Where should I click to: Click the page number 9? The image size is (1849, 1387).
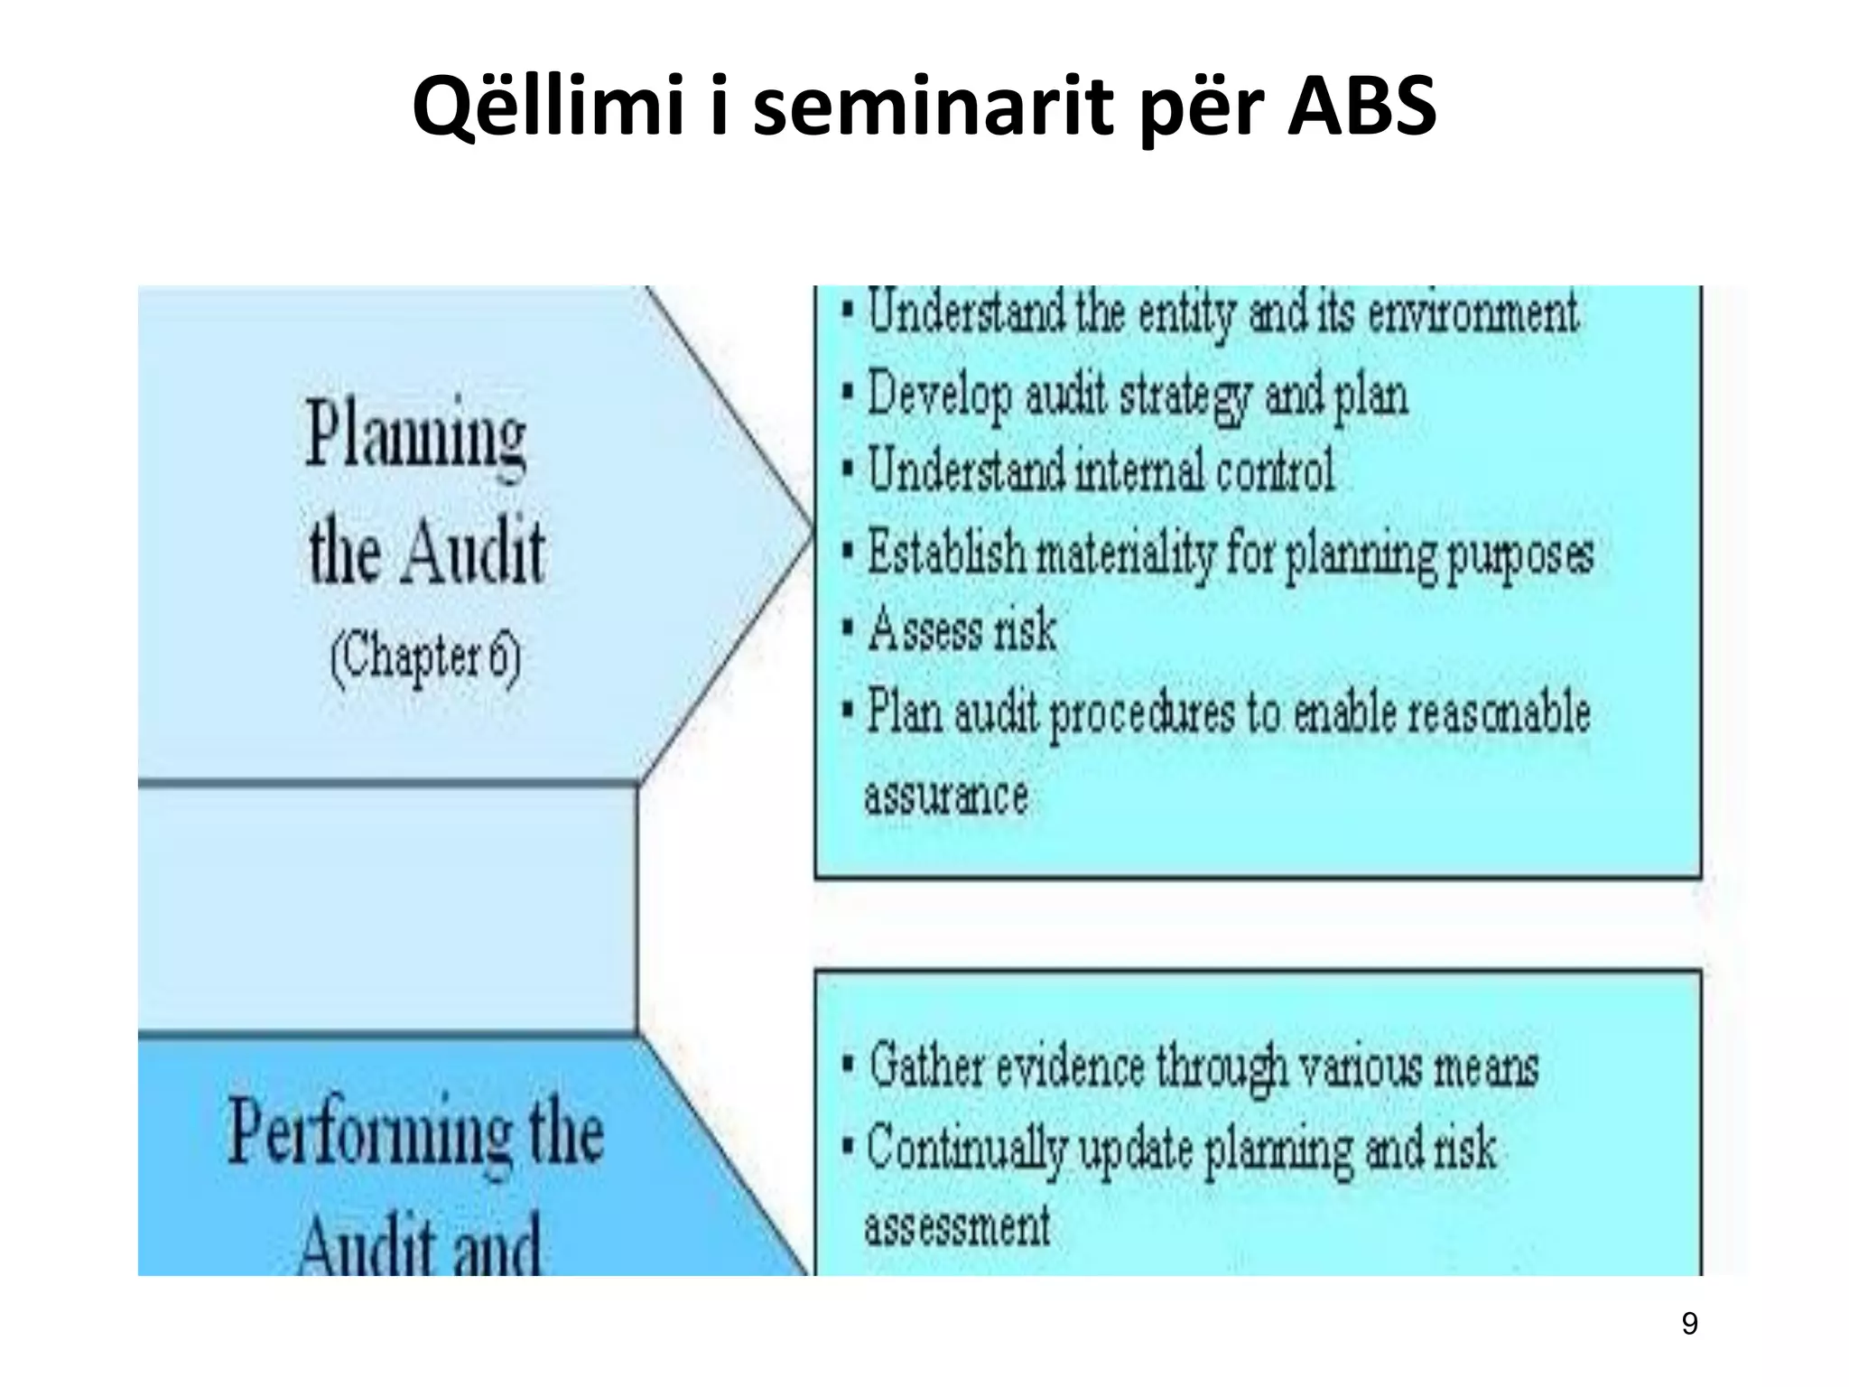pyautogui.click(x=1689, y=1324)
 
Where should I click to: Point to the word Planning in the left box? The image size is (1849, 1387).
pyautogui.click(x=416, y=436)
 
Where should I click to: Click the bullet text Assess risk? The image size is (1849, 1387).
pyautogui.click(x=962, y=629)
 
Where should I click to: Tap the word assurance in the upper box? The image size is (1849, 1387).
pyautogui.click(x=946, y=796)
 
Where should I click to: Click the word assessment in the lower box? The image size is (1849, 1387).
pyautogui.click(x=957, y=1227)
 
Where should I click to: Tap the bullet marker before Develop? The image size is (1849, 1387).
pyautogui.click(x=848, y=395)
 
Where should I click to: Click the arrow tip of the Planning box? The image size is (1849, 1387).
pyautogui.click(x=810, y=534)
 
